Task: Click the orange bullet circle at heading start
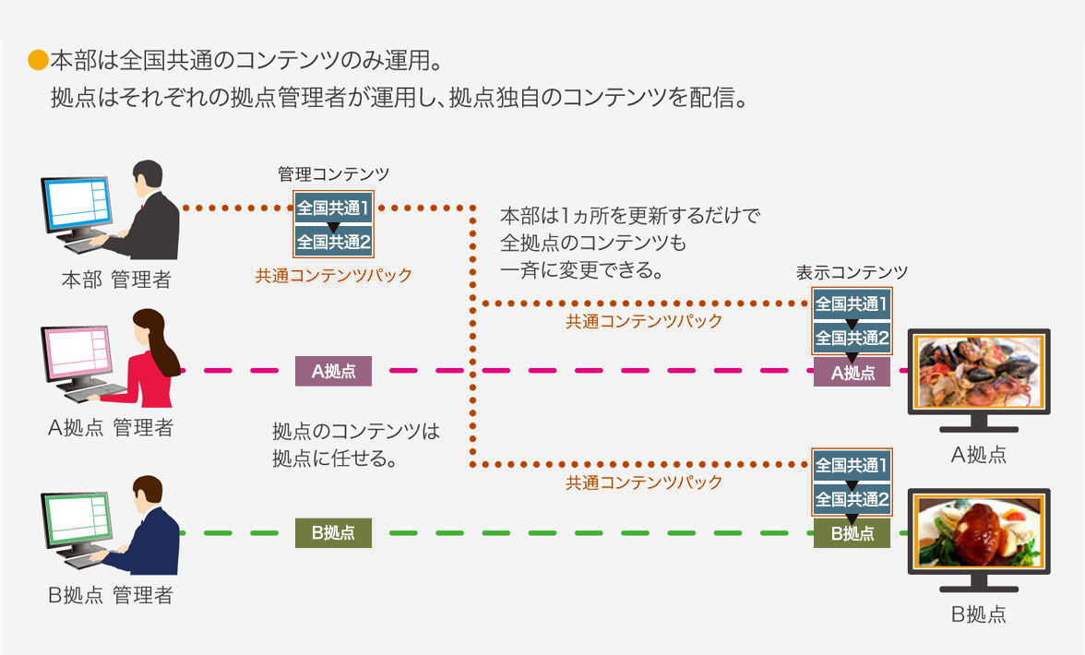pyautogui.click(x=37, y=62)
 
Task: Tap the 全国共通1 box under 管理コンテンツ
pyautogui.click(x=333, y=208)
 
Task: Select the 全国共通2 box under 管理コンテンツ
pyautogui.click(x=333, y=243)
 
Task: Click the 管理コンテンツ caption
pyautogui.click(x=333, y=173)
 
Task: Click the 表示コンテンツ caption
pyautogui.click(x=852, y=272)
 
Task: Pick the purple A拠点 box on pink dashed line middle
pyautogui.click(x=333, y=372)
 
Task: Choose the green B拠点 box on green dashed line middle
pyautogui.click(x=333, y=533)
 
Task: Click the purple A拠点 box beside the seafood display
pyautogui.click(x=852, y=373)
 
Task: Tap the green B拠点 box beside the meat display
pyautogui.click(x=852, y=533)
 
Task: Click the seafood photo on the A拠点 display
pyautogui.click(x=978, y=372)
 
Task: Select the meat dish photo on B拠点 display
pyautogui.click(x=978, y=531)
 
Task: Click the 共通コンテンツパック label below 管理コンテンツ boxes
pyautogui.click(x=333, y=275)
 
